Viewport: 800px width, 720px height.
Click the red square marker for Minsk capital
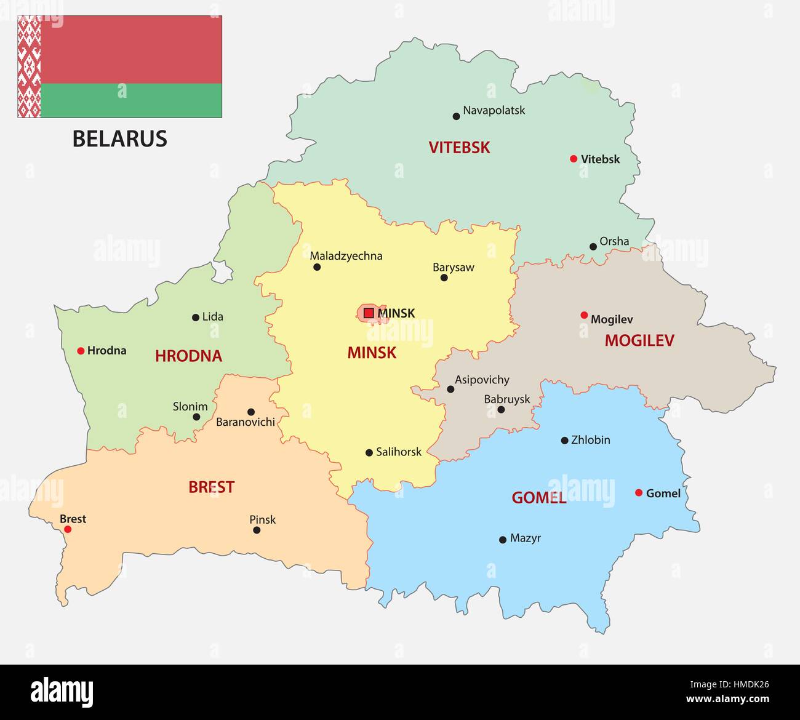369,313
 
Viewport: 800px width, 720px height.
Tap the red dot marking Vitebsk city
574,159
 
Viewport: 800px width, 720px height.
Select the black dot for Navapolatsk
456,116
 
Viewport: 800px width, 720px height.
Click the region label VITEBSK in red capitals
459,148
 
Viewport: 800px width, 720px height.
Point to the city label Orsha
614,241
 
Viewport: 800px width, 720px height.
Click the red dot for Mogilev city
584,315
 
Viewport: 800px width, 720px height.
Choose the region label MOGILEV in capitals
639,340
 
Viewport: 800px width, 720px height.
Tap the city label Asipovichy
482,380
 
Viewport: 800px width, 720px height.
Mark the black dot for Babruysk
501,410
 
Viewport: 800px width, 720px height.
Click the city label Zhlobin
590,440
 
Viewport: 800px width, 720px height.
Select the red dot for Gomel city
639,492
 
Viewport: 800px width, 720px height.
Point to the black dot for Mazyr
503,540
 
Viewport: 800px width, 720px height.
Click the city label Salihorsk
399,452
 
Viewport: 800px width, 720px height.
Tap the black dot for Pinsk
257,530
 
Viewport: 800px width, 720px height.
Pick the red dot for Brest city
68,529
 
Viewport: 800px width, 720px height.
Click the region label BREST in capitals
211,487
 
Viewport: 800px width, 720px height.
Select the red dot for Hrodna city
81,351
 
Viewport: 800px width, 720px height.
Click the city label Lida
212,317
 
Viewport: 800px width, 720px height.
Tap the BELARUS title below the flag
120,138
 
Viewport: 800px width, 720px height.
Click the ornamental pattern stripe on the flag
29,66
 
